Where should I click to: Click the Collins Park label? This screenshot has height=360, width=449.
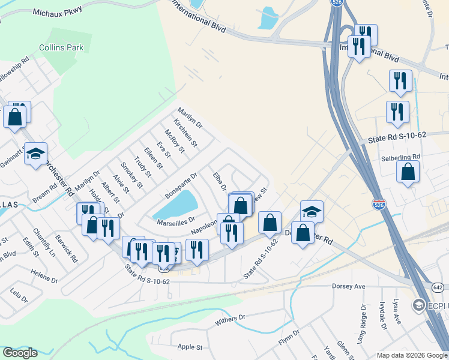coord(61,47)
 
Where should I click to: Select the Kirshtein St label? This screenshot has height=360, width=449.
coord(185,132)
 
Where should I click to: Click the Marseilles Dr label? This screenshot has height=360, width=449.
coord(176,220)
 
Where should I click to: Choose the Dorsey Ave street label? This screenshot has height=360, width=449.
coord(349,287)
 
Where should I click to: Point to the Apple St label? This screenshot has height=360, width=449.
coord(190,347)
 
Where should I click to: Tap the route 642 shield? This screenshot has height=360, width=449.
coord(439,287)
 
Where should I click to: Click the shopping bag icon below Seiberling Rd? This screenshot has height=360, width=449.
coord(408,172)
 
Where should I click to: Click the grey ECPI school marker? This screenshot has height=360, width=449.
coord(418,306)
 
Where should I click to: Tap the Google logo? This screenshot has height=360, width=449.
coord(20,353)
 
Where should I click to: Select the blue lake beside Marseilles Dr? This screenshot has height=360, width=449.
coord(176,205)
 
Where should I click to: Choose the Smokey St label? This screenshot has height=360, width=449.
coord(132,175)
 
